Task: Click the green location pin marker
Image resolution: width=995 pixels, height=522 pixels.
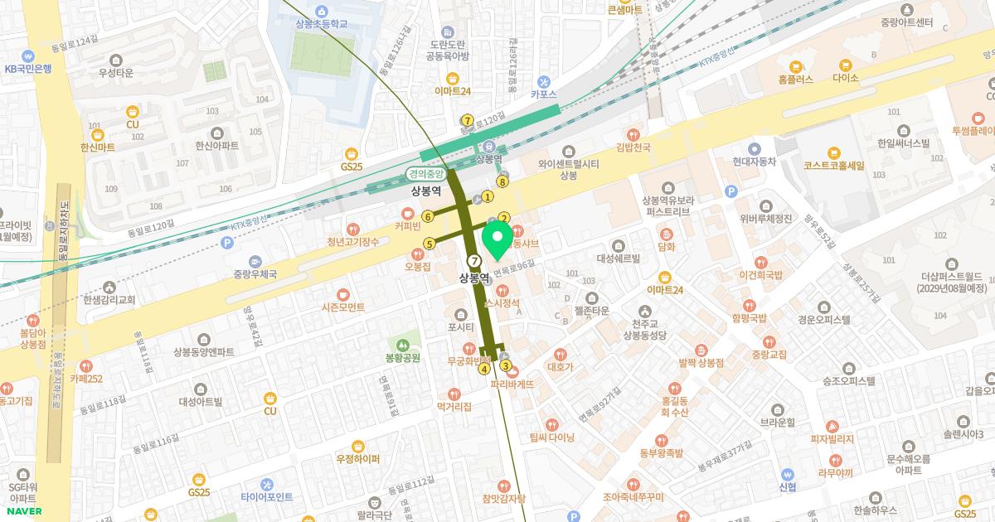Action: (x=498, y=239)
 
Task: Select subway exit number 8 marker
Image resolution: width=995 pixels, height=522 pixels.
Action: (x=502, y=181)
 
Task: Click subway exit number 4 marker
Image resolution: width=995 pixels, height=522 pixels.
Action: (x=484, y=369)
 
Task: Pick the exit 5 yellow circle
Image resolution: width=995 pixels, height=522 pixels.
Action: (x=430, y=244)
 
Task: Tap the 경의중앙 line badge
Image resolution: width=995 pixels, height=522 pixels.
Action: (x=426, y=175)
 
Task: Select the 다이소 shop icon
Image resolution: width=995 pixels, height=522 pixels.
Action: (x=846, y=65)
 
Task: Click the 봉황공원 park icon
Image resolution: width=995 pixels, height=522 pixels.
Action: (x=404, y=344)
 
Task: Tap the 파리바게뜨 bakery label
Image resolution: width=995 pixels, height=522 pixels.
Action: (x=512, y=384)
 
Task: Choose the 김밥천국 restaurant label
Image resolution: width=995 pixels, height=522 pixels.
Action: (x=633, y=147)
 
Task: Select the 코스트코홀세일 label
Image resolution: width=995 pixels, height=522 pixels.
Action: (x=833, y=166)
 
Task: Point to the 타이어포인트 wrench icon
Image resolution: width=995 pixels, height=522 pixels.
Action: (x=266, y=483)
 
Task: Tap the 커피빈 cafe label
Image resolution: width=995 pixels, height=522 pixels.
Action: (x=410, y=225)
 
